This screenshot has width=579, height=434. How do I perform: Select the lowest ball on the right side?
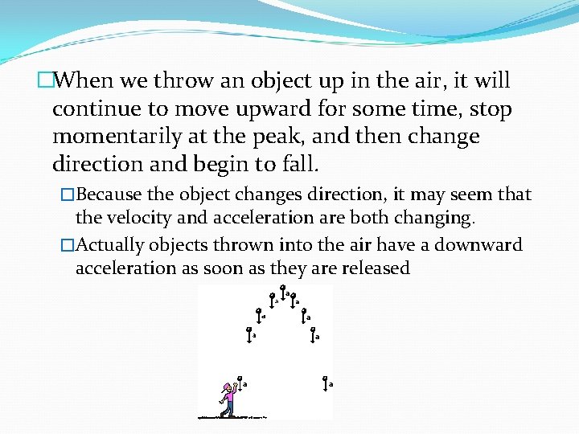pos(324,378)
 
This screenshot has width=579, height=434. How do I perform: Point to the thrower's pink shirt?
pos(229,398)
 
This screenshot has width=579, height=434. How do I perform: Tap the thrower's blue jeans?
pos(229,411)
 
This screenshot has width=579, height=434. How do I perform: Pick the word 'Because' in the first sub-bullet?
pos(109,194)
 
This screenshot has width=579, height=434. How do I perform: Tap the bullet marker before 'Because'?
pos(68,195)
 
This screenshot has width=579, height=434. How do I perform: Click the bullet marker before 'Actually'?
pos(68,246)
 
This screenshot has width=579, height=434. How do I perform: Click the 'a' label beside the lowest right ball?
pos(331,385)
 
